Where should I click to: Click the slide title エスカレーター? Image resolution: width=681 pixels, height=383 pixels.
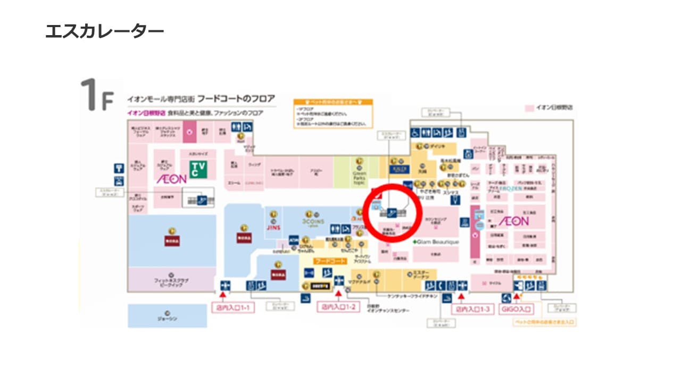point(105,31)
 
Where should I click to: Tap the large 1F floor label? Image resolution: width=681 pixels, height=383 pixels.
point(97,96)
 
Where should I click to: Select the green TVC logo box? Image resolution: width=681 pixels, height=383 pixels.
point(198,169)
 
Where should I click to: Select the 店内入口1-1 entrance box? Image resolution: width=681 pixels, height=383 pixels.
point(233,308)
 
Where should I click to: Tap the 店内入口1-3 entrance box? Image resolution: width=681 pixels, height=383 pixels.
point(472,309)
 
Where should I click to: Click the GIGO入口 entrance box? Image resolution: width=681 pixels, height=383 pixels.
point(517,309)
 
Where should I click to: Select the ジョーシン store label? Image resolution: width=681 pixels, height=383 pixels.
point(167,318)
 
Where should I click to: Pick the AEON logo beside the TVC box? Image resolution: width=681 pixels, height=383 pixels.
point(171,179)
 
